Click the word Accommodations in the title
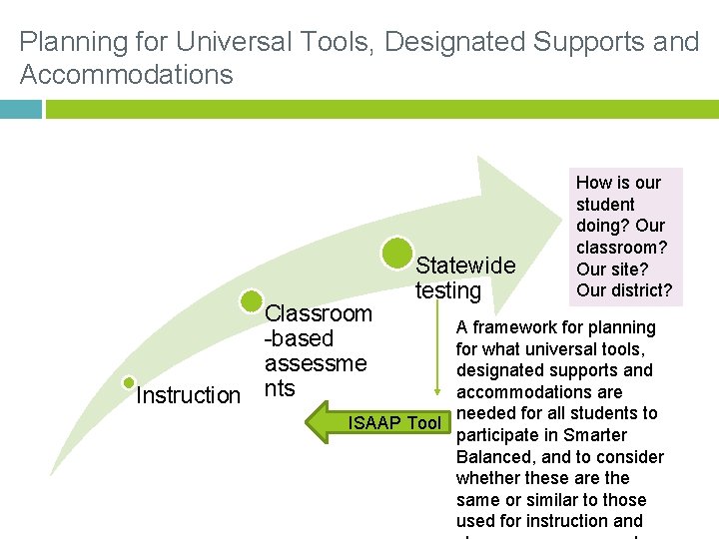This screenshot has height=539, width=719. (x=127, y=75)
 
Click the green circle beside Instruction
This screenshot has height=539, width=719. (x=129, y=382)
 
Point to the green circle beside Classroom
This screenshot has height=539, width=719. (x=252, y=300)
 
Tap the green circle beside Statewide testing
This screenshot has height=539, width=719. (x=397, y=255)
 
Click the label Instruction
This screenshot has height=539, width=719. (x=188, y=395)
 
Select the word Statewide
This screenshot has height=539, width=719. (x=465, y=266)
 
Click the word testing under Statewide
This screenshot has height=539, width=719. (x=448, y=290)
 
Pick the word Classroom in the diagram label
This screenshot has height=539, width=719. (x=319, y=313)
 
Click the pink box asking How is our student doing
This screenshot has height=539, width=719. (x=625, y=237)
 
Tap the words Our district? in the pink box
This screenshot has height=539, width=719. (x=624, y=290)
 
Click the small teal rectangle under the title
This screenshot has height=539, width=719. (x=21, y=109)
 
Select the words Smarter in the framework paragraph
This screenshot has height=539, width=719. (x=597, y=435)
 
